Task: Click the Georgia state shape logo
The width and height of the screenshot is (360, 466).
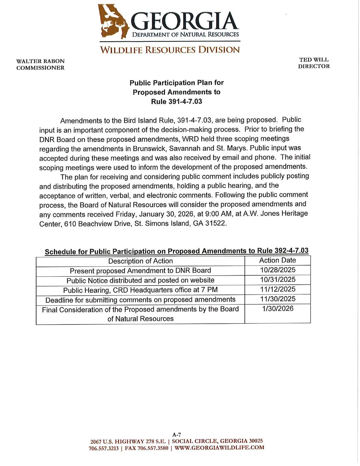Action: (113, 21)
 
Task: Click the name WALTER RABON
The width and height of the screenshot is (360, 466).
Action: (40, 61)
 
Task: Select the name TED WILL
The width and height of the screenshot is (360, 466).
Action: (314, 60)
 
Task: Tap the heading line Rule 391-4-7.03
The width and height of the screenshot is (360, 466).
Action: (176, 101)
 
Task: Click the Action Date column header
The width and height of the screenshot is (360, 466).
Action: (277, 260)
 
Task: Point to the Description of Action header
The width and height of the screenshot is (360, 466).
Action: (140, 261)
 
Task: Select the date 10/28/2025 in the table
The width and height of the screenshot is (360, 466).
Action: (278, 270)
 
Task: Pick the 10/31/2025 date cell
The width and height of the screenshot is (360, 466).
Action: (278, 280)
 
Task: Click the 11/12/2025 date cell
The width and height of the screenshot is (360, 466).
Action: (278, 289)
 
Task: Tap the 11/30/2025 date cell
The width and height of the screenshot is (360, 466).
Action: (278, 299)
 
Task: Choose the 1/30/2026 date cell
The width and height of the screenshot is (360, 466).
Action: (278, 308)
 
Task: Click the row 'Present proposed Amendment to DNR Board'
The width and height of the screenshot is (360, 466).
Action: (140, 271)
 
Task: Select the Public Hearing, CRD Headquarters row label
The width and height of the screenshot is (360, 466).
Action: (140, 290)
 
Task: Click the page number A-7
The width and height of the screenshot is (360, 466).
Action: (176, 435)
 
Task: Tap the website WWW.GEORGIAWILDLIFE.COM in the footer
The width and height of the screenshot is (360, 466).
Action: (219, 448)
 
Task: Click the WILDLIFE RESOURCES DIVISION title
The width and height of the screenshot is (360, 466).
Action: (170, 50)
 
